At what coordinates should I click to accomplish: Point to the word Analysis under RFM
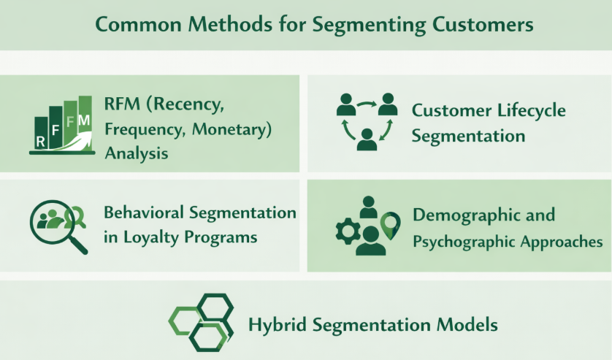(x=137, y=154)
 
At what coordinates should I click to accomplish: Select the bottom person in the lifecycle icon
(x=367, y=138)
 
